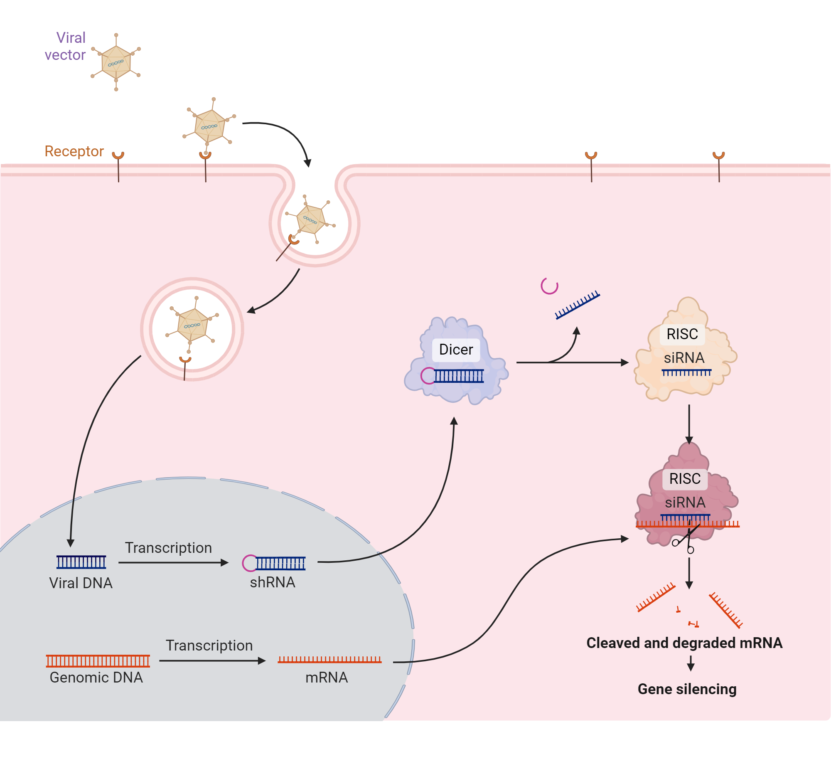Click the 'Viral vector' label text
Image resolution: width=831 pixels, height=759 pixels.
tap(66, 46)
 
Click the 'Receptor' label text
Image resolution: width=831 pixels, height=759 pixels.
tap(74, 151)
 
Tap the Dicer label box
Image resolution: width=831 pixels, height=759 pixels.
tap(456, 350)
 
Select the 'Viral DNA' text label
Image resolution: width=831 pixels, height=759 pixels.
tap(81, 583)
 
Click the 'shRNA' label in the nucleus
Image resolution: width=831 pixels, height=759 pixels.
tap(273, 582)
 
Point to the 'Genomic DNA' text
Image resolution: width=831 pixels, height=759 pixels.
tap(96, 677)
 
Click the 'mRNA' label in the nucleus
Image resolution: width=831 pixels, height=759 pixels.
tap(327, 677)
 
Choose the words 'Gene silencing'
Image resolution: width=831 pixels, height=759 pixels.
tap(687, 689)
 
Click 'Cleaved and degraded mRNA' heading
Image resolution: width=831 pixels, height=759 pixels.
tap(684, 643)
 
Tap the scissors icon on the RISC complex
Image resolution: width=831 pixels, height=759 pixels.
tap(685, 541)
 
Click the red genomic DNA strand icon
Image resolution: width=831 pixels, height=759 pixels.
tap(98, 660)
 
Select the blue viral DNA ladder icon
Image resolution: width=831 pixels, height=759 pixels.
tap(81, 562)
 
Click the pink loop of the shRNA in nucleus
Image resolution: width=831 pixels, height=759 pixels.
tap(249, 563)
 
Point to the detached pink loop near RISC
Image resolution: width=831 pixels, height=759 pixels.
tap(549, 286)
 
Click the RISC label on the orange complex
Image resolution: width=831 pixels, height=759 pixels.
tap(682, 334)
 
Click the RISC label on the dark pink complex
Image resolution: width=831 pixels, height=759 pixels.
tap(685, 479)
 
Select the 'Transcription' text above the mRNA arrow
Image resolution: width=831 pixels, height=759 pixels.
tap(209, 646)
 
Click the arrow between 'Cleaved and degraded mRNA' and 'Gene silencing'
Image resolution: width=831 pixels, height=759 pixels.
tap(691, 663)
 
